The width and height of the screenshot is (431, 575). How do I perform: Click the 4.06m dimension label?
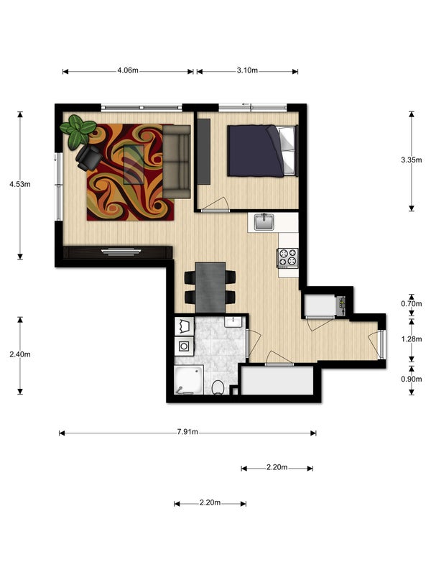pyautogui.click(x=128, y=70)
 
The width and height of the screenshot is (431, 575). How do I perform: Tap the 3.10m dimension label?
pyautogui.click(x=247, y=70)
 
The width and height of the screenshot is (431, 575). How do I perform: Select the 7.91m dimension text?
pyautogui.click(x=187, y=432)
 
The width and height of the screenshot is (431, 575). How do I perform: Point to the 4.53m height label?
pyautogui.click(x=20, y=184)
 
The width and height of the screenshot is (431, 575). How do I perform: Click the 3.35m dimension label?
pyautogui.click(x=411, y=160)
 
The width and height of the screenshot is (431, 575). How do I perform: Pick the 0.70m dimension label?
pyautogui.click(x=411, y=303)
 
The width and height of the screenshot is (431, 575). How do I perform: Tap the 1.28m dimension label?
pyautogui.click(x=411, y=339)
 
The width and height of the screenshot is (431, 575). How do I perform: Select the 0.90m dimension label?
pyautogui.click(x=411, y=379)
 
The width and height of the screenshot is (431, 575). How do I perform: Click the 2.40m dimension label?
pyautogui.click(x=20, y=354)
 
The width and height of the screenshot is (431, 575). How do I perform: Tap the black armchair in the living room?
pyautogui.click(x=88, y=157)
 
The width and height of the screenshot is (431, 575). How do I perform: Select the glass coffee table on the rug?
pyautogui.click(x=134, y=165)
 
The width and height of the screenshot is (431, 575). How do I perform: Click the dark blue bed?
pyautogui.click(x=261, y=151)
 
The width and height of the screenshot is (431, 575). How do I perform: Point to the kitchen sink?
pyautogui.click(x=264, y=222)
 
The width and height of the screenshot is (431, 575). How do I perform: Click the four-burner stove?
pyautogui.click(x=288, y=257)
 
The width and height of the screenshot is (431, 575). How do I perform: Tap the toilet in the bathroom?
pyautogui.click(x=218, y=387)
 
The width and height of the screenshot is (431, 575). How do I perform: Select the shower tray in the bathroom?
pyautogui.click(x=189, y=379)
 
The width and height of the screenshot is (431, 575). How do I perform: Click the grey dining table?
pyautogui.click(x=210, y=287)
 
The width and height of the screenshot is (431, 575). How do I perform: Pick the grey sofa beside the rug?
pyautogui.click(x=177, y=162)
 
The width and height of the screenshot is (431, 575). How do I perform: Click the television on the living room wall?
pyautogui.click(x=121, y=252)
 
